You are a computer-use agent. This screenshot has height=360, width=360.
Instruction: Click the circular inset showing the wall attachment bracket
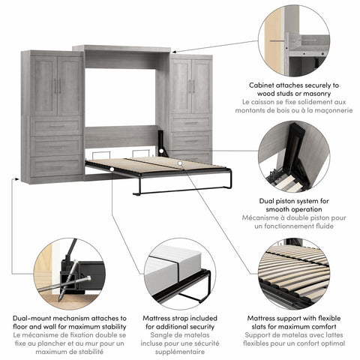point(293,40)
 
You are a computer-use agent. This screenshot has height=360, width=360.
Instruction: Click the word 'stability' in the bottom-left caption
point(93,328)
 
